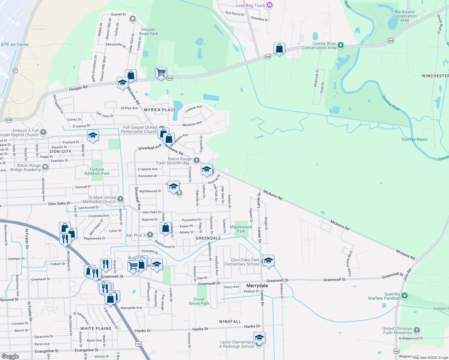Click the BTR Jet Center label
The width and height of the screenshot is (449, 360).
pos(15,44)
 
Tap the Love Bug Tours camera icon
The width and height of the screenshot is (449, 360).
pos(269,5)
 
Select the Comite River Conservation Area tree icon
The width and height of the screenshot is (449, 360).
pos(340,45)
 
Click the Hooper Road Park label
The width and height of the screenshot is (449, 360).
pos(149,31)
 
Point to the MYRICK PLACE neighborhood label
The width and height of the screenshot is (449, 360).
pos(160,110)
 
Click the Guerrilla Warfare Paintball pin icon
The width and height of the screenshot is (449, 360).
pos(405,296)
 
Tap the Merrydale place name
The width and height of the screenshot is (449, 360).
pos(257,286)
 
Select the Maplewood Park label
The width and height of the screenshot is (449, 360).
pos(241,229)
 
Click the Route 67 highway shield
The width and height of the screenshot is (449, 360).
pos(15,70)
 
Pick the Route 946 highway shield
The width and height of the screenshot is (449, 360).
pos(396,351)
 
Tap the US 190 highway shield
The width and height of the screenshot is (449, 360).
pos(138,344)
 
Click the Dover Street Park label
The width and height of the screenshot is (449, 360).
pos(199,301)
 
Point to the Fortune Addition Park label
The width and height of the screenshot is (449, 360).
pos(97,171)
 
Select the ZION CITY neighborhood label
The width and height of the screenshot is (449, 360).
pos(60,151)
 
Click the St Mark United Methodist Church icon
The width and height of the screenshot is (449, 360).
pos(120,199)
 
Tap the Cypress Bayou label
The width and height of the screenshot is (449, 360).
pos(414,139)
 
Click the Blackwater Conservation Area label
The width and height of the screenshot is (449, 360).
pos(405,16)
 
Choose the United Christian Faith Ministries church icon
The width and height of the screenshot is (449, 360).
pos(417,330)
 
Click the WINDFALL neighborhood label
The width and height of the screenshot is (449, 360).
pos(230,322)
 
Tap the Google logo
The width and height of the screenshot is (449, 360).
pos(10,356)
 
